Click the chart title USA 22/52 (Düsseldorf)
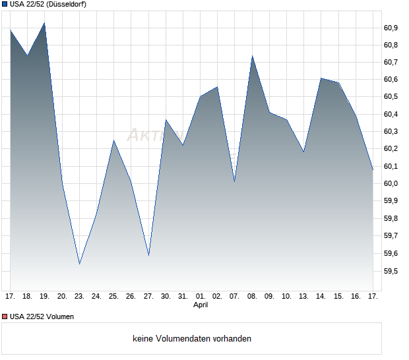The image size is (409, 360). point(48,4)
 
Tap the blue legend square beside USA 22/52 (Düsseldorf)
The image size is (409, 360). point(5,4)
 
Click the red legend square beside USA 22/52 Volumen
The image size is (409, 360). point(5,316)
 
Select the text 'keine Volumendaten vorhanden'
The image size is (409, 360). point(192,339)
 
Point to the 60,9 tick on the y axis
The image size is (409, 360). point(391,28)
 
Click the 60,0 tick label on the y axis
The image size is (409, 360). point(391,183)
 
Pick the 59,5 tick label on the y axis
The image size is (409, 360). point(391,271)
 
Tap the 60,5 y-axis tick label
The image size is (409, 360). point(391,97)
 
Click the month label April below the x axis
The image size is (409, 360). point(201,305)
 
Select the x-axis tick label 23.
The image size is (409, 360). point(79,296)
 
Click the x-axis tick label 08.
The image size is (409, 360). point(252,296)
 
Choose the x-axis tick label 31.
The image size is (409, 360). point(183,296)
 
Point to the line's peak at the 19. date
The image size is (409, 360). point(44,23)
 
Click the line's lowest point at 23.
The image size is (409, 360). point(79,264)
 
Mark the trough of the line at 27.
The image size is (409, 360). point(148,255)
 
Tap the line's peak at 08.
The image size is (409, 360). point(252,56)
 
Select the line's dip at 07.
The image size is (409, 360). point(234,181)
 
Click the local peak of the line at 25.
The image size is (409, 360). point(113,140)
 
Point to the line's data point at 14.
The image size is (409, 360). point(321,78)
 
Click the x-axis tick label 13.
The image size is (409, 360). point(303,296)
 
